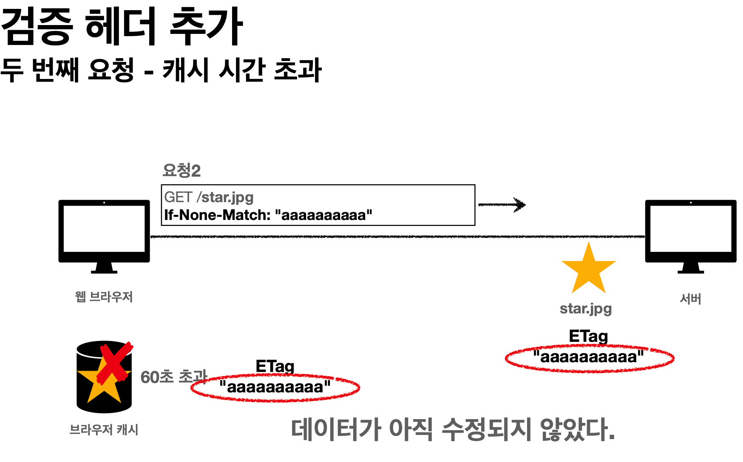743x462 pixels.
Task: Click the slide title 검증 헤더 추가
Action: [x=122, y=26]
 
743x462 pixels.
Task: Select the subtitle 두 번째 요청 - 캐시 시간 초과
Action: [x=161, y=70]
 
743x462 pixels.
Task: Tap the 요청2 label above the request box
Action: [x=181, y=171]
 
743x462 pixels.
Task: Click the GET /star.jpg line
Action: [x=209, y=197]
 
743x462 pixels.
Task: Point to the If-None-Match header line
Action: [x=268, y=215]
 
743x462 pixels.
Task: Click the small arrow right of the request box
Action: [x=502, y=205]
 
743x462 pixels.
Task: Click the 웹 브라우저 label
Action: [x=104, y=296]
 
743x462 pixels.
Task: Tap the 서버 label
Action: [x=690, y=299]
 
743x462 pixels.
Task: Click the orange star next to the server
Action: [x=588, y=269]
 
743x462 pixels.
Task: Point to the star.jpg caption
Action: [x=586, y=309]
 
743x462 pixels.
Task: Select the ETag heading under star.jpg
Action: [x=588, y=336]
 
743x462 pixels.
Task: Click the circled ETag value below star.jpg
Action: [x=589, y=357]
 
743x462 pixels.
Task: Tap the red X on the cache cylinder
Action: [x=115, y=363]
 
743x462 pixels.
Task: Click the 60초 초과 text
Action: [x=173, y=377]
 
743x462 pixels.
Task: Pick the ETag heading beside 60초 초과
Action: [x=275, y=366]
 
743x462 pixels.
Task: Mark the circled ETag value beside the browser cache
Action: [x=275, y=387]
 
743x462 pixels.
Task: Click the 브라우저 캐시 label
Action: [x=104, y=430]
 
